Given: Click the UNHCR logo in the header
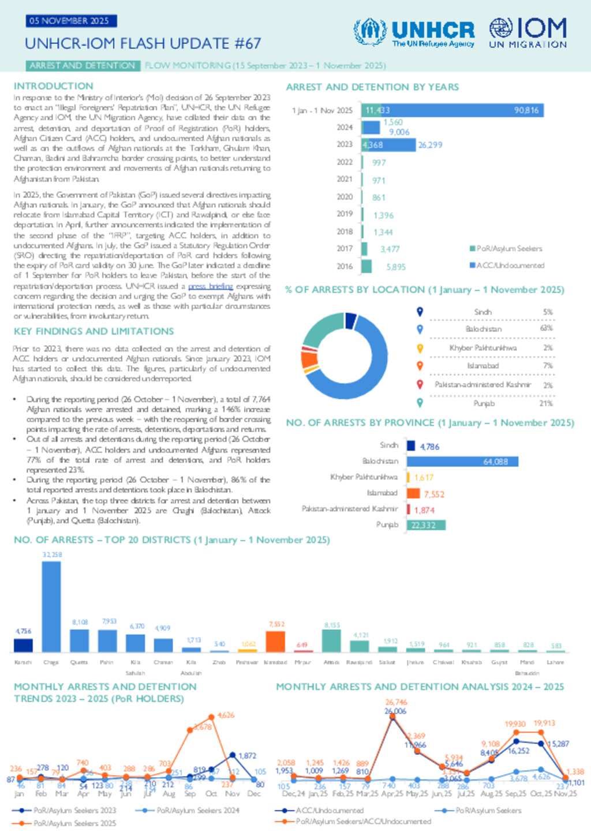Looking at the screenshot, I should [414, 32].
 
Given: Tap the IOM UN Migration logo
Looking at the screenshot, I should [528, 32].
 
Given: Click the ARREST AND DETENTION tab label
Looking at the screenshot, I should [83, 66].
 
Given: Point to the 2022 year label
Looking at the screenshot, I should [345, 162].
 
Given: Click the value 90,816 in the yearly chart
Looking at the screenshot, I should [526, 110].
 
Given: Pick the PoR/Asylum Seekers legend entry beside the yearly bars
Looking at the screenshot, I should [506, 249].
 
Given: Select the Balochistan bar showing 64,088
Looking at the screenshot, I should [462, 462].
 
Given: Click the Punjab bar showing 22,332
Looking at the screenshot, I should [426, 525].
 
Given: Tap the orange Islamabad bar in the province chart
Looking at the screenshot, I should [413, 493].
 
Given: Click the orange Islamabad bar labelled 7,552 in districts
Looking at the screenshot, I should [275, 642].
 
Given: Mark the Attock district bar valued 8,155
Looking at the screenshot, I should [331, 640].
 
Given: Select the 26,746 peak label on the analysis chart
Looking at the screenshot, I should [396, 702].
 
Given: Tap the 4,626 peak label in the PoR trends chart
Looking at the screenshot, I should [226, 715].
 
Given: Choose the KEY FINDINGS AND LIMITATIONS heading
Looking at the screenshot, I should [93, 331].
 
